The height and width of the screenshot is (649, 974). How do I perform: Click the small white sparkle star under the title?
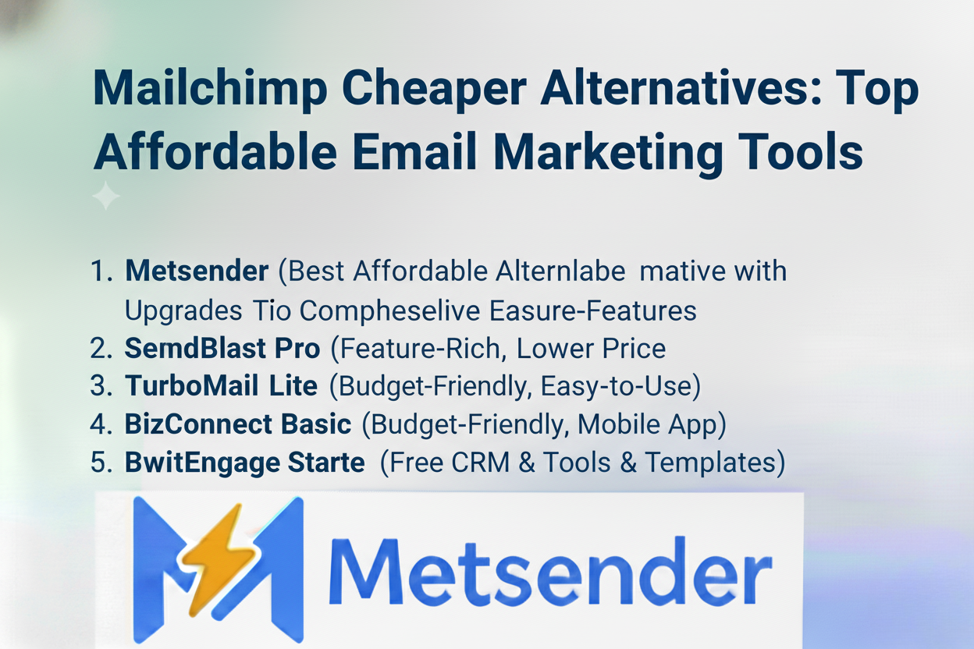pyautogui.click(x=106, y=196)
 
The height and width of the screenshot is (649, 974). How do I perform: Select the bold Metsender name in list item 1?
pyautogui.click(x=196, y=271)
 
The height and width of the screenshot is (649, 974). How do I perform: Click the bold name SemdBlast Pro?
pyautogui.click(x=222, y=349)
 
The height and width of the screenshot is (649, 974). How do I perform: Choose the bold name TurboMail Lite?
pyautogui.click(x=221, y=386)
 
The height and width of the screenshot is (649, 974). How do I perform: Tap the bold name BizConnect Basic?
pyautogui.click(x=238, y=424)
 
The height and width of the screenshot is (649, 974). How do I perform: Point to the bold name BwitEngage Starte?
pyautogui.click(x=244, y=463)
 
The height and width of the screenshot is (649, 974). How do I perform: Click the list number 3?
pyautogui.click(x=101, y=386)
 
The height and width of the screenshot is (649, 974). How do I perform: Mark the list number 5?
pyautogui.click(x=101, y=463)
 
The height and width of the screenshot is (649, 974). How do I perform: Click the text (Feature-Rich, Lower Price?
pyautogui.click(x=498, y=349)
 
